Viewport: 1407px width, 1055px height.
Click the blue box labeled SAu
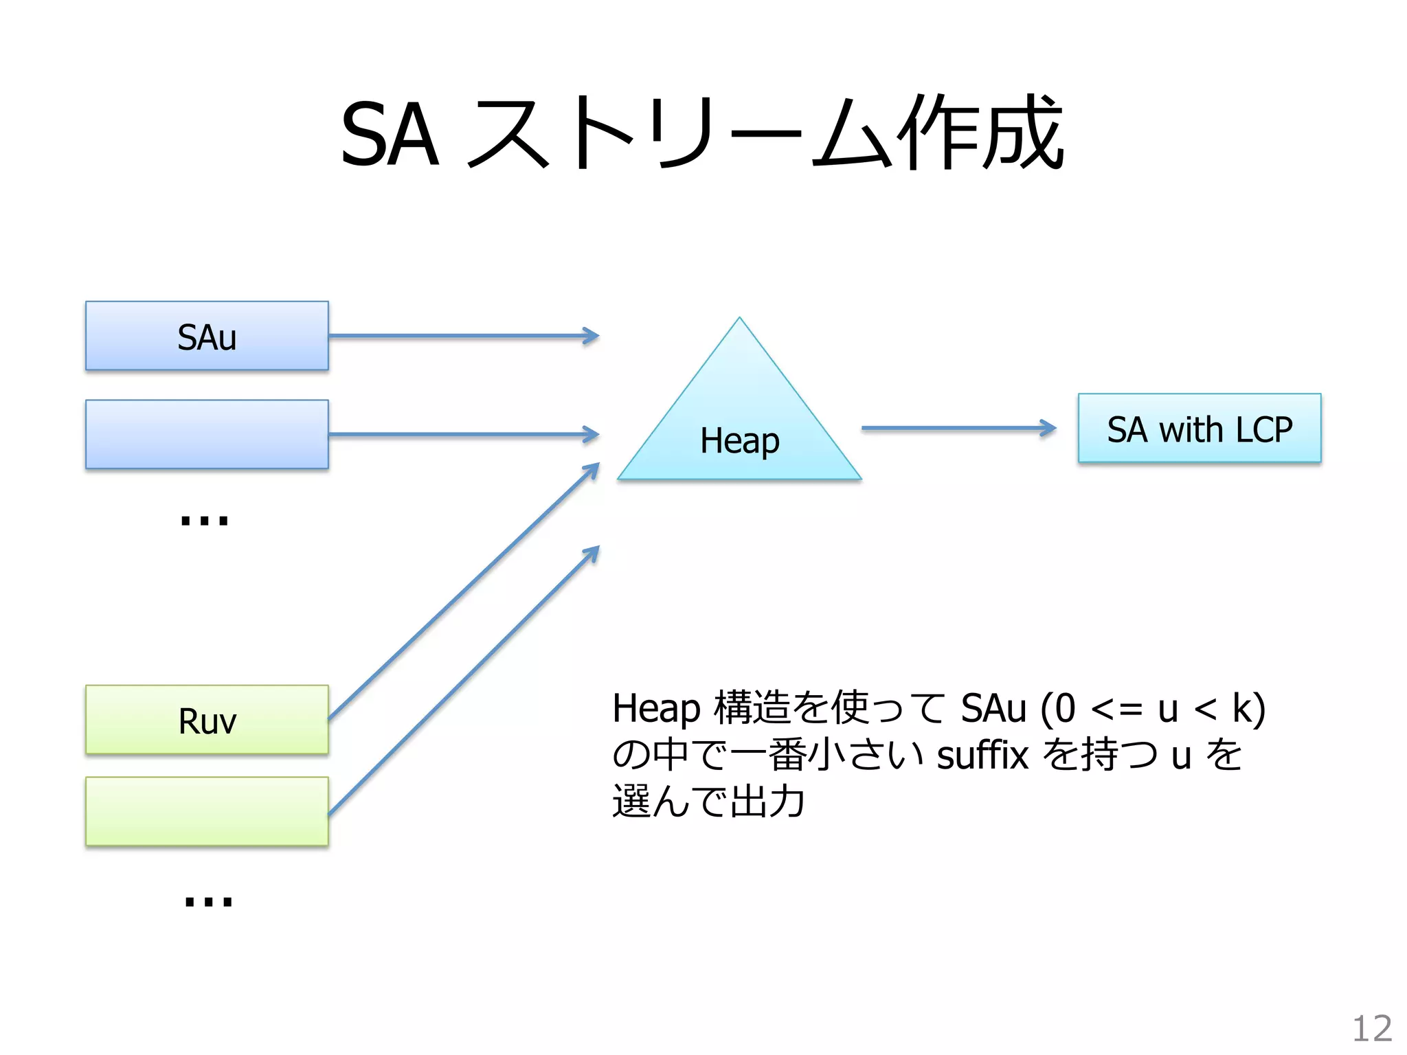207,336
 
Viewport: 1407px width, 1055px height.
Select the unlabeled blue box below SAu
207,434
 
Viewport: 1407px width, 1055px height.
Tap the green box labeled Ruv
207,720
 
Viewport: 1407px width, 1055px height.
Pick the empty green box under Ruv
207,811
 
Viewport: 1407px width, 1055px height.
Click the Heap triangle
739,426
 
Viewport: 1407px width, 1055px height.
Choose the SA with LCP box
1199,428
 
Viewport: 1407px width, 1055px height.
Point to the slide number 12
1371,1029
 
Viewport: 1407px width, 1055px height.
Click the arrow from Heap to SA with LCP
958,428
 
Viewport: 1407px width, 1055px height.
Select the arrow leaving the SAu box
464,336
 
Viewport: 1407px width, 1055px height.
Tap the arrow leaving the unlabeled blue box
464,434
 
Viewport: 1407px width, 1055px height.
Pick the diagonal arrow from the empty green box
464,680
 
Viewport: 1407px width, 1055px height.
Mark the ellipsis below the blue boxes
204,521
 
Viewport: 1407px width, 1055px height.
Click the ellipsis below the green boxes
208,900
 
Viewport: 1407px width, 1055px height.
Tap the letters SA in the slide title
390,135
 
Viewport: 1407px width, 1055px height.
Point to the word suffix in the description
982,756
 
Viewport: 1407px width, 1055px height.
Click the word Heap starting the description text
656,709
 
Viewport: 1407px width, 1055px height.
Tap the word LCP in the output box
1263,430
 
